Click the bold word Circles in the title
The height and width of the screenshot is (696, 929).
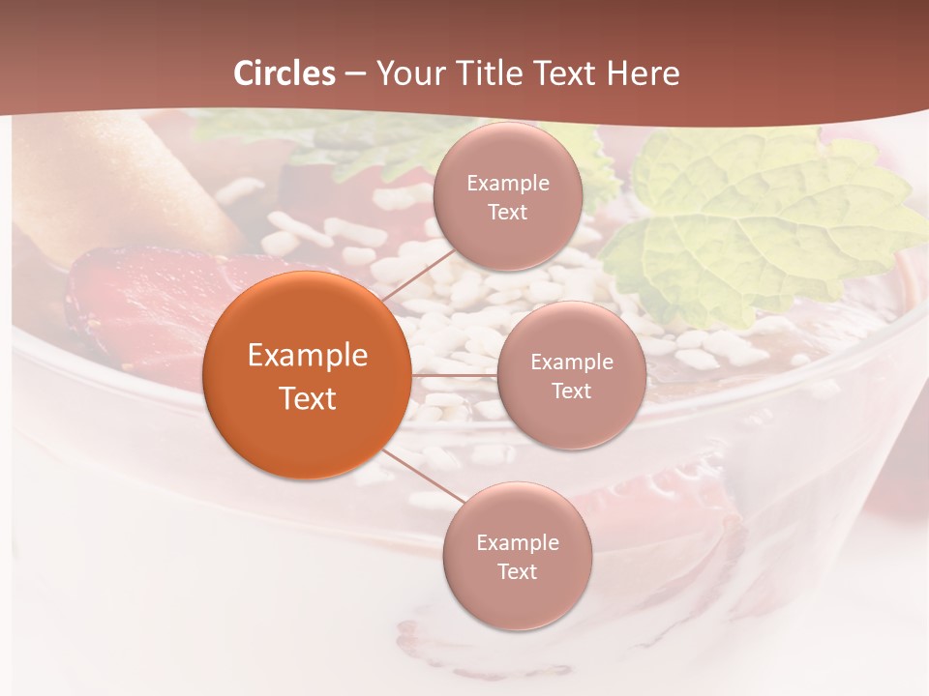[285, 73]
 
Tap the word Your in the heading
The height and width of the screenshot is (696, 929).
[407, 73]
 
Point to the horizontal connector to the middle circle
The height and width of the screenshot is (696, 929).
[454, 374]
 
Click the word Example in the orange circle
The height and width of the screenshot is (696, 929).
[308, 356]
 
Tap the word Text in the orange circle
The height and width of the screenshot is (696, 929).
[308, 398]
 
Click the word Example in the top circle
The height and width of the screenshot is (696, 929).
[507, 183]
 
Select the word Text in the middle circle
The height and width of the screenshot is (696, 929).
[571, 391]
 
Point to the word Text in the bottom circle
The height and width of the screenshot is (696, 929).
[517, 571]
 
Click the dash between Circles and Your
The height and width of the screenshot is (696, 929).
[355, 73]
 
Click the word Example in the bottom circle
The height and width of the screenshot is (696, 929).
[517, 542]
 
